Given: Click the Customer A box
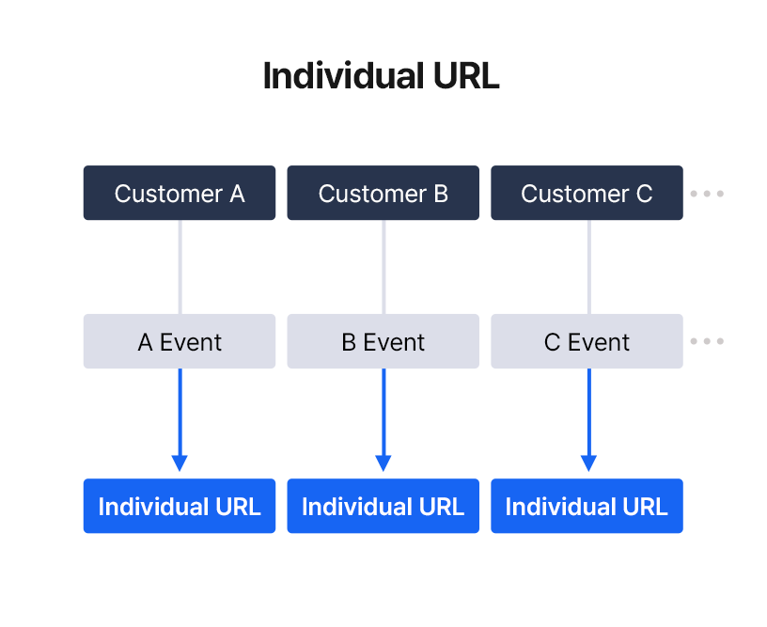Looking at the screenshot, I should (x=179, y=193).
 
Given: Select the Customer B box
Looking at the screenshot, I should (x=383, y=193).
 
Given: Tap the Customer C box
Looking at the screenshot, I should (x=587, y=193).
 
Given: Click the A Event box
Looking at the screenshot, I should (x=179, y=341).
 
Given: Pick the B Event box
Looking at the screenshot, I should (x=383, y=341).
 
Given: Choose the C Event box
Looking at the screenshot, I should (x=587, y=341).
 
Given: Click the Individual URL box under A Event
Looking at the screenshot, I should (x=179, y=506).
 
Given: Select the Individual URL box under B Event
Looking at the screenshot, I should (x=383, y=506).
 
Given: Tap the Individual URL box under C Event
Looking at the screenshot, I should (x=587, y=506).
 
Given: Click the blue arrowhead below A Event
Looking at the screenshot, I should (x=180, y=462).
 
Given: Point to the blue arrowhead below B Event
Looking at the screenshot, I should (x=383, y=462).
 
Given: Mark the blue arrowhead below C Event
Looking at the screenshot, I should (x=588, y=462).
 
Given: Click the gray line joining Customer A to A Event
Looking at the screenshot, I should (x=180, y=266).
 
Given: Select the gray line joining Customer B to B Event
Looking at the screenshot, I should (x=383, y=266).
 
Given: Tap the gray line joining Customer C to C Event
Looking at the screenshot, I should (x=589, y=266).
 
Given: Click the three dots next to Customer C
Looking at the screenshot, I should (x=707, y=194).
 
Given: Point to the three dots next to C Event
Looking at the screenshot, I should (x=707, y=341).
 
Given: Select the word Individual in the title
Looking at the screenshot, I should (x=336, y=76).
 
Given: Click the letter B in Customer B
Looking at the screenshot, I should (x=440, y=194).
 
